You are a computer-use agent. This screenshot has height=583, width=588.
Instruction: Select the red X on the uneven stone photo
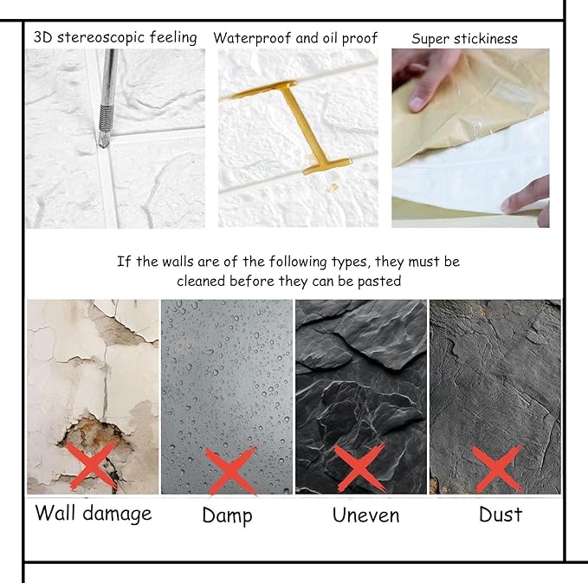[x=360, y=469]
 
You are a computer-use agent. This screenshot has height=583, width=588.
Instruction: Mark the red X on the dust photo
[x=498, y=469]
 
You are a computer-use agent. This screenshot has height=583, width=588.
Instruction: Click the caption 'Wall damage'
[x=93, y=513]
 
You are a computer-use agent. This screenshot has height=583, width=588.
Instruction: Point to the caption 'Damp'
[x=227, y=516]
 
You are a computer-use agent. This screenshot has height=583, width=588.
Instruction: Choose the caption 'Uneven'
[x=365, y=515]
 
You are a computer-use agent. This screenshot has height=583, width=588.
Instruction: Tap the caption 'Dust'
[x=501, y=515]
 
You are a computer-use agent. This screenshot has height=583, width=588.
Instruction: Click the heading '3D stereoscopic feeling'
[x=115, y=38]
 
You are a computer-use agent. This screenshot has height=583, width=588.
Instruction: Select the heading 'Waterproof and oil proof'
[x=295, y=39]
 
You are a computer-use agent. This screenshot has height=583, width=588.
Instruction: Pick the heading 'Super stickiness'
[x=464, y=39]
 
